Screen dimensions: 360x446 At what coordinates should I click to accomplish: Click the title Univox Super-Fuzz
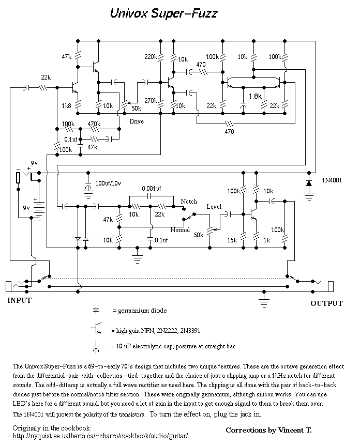click(x=164, y=13)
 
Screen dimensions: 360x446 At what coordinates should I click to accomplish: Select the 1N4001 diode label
click(x=332, y=180)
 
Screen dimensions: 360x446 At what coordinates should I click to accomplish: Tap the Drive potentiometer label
click(x=137, y=121)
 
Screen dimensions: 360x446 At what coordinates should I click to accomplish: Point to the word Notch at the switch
click(x=189, y=202)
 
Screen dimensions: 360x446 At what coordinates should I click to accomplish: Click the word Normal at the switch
click(x=180, y=230)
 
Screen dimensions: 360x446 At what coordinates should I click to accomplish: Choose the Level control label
click(x=214, y=207)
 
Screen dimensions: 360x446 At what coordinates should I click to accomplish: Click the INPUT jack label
click(x=19, y=300)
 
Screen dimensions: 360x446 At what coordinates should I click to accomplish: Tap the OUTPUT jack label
click(x=327, y=303)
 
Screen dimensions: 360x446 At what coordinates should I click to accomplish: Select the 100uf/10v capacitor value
click(x=108, y=183)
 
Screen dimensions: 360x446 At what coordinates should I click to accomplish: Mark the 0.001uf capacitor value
click(x=152, y=189)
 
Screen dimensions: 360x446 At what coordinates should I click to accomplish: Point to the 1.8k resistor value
click(x=255, y=97)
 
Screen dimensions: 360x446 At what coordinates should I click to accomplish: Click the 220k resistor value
click(x=151, y=57)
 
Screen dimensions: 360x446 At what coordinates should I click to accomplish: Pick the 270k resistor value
click(x=151, y=101)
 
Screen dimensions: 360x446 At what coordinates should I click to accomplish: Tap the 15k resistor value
click(x=232, y=240)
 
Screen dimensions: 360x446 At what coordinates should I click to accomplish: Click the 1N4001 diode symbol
click(x=309, y=183)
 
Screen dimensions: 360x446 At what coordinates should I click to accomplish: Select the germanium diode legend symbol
click(x=96, y=310)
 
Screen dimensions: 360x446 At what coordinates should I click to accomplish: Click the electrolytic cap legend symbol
click(x=96, y=347)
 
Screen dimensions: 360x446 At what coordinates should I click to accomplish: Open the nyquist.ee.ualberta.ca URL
click(x=100, y=436)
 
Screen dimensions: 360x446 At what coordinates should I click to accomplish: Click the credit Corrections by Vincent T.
click(x=268, y=430)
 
